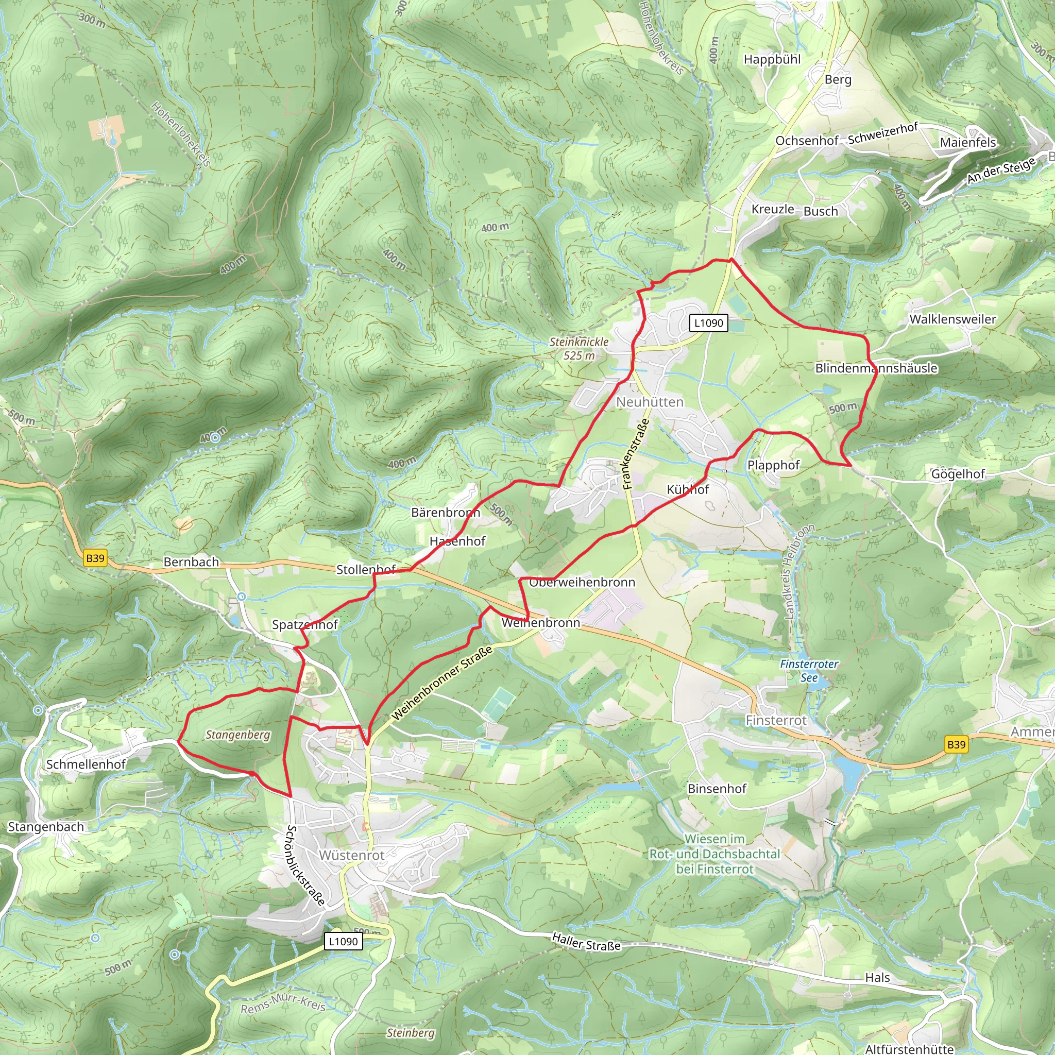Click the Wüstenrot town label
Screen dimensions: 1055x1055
[352, 855]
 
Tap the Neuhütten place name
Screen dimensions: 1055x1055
[649, 402]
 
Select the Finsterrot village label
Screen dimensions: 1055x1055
[776, 720]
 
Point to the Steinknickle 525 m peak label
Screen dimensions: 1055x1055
[579, 348]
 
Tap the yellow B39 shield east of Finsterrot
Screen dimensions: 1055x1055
[956, 744]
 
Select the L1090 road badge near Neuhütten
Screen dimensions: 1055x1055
[708, 322]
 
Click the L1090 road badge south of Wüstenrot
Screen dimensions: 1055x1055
[343, 942]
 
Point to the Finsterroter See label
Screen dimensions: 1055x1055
[809, 671]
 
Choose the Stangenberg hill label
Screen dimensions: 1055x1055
[237, 735]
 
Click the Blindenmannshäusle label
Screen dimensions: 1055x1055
[876, 368]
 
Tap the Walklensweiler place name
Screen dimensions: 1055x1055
[952, 319]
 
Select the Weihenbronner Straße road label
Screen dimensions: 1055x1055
[442, 683]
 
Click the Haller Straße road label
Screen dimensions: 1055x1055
[586, 942]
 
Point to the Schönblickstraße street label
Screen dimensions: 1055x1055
[305, 865]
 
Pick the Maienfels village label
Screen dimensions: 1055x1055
[967, 143]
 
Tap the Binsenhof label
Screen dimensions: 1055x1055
[717, 789]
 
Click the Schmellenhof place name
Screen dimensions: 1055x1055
[86, 764]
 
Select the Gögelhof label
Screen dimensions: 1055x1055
[957, 474]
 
